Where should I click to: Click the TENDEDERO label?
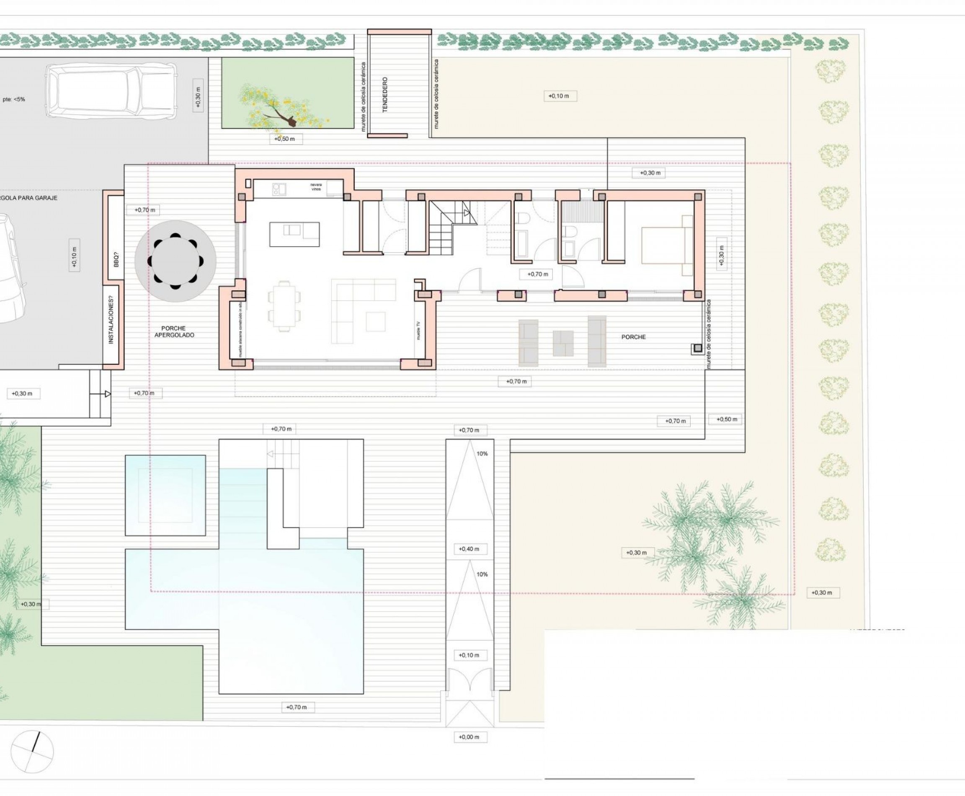[385, 94]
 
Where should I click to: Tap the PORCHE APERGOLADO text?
[174, 331]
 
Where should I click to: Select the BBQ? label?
[116, 259]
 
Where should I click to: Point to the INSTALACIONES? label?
[111, 319]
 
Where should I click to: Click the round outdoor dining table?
[175, 261]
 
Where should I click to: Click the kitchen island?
[294, 234]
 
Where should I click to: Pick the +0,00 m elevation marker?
[469, 737]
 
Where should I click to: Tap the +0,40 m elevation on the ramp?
[469, 549]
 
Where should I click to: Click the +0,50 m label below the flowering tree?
[285, 139]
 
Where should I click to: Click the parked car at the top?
[111, 91]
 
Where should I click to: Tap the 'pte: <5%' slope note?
[14, 99]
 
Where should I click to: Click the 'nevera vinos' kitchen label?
[316, 187]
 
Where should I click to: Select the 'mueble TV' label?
[418, 330]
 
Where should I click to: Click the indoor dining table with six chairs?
[285, 305]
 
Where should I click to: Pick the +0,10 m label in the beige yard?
[559, 96]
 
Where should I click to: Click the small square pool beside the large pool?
[165, 495]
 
